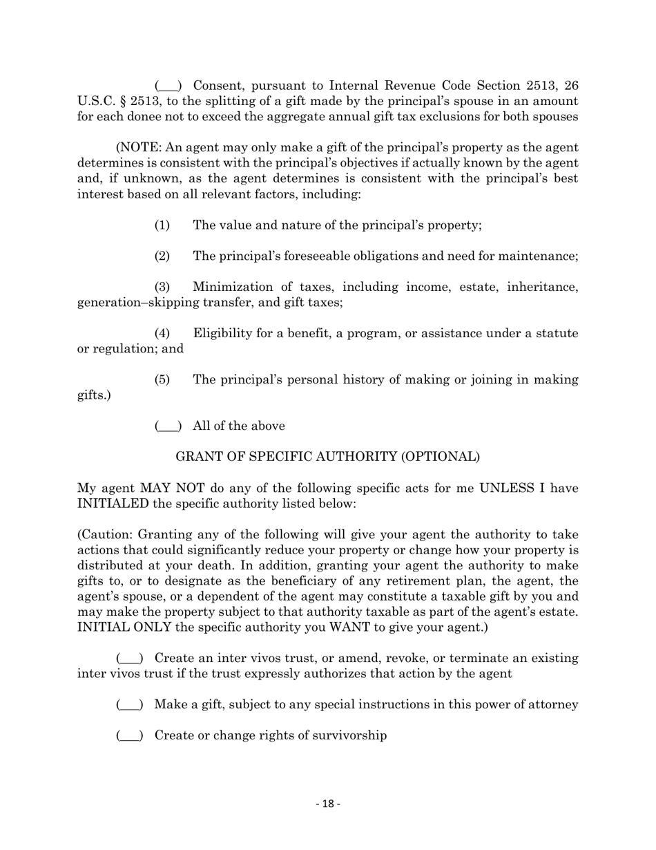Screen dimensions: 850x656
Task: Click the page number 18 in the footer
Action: pyautogui.click(x=328, y=804)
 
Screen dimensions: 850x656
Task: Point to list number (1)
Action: pyautogui.click(x=162, y=225)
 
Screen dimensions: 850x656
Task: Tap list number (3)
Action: pyautogui.click(x=162, y=287)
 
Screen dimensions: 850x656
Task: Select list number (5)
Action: pyautogui.click(x=162, y=380)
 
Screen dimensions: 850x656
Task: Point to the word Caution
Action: pyautogui.click(x=107, y=535)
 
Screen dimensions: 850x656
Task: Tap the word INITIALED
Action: pyautogui.click(x=113, y=504)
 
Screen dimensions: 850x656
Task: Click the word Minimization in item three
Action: pyautogui.click(x=236, y=287)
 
